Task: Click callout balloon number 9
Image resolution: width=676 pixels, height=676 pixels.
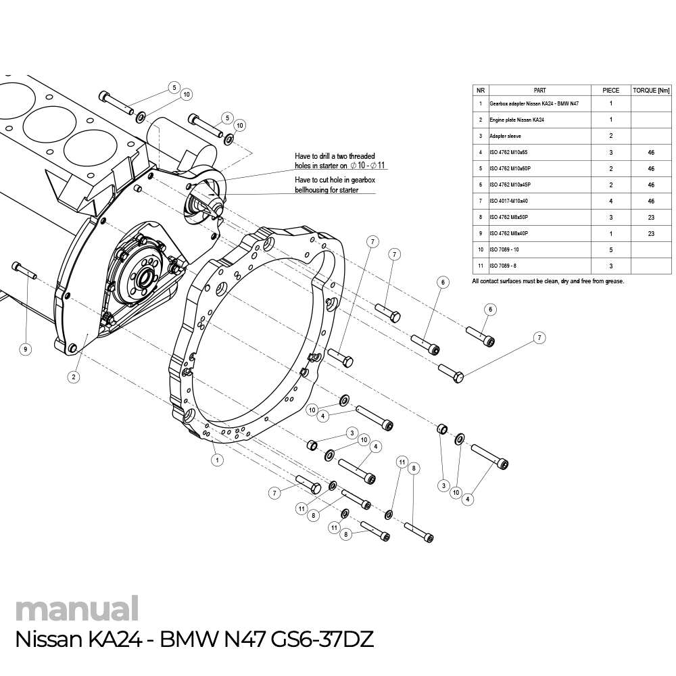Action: tap(25, 349)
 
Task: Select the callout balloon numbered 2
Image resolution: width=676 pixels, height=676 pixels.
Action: tap(73, 377)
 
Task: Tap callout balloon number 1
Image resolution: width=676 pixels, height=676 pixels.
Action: tap(217, 460)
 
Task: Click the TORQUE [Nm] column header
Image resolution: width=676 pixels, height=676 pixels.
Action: tap(650, 90)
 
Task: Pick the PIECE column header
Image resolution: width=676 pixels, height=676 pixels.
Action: tap(610, 90)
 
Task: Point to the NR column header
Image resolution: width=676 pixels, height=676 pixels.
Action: tap(480, 90)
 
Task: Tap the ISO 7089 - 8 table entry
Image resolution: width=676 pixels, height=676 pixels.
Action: tap(503, 266)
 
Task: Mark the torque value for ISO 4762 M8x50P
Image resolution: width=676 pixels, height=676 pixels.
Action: tap(650, 217)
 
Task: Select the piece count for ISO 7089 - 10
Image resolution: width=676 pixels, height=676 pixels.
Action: tap(610, 249)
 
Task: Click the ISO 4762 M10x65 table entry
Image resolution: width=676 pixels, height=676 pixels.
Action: tap(510, 152)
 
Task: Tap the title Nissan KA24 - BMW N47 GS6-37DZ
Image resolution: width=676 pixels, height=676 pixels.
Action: tap(194, 639)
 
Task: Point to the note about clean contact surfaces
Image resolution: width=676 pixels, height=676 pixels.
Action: tap(548, 281)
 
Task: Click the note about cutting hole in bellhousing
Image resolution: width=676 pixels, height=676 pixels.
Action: tap(335, 185)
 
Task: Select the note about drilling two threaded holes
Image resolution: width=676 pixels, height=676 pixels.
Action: tap(335, 160)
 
